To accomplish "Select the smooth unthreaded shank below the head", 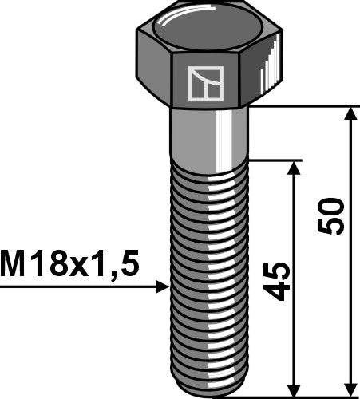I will pyautogui.click(x=209, y=132).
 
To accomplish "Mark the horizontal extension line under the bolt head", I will pyautogui.click(x=303, y=106).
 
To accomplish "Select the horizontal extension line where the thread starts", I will pyautogui.click(x=275, y=160).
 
